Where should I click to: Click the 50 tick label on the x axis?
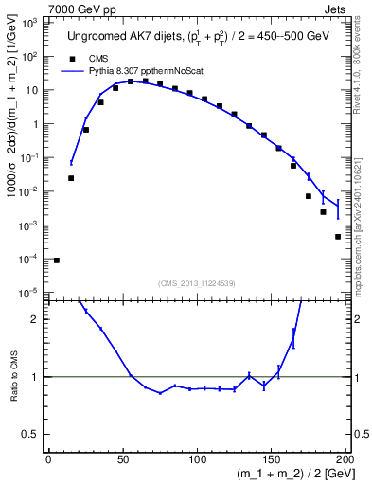[x=123, y=461]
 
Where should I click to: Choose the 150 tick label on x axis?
[x=271, y=461]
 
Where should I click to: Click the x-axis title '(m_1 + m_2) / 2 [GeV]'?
[x=292, y=476]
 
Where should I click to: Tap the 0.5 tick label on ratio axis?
[x=31, y=435]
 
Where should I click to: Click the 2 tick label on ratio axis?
[x=36, y=319]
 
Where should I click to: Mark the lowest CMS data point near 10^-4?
[x=57, y=260]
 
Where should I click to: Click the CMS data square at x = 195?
[x=338, y=237]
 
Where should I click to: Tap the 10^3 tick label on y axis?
[x=31, y=21]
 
